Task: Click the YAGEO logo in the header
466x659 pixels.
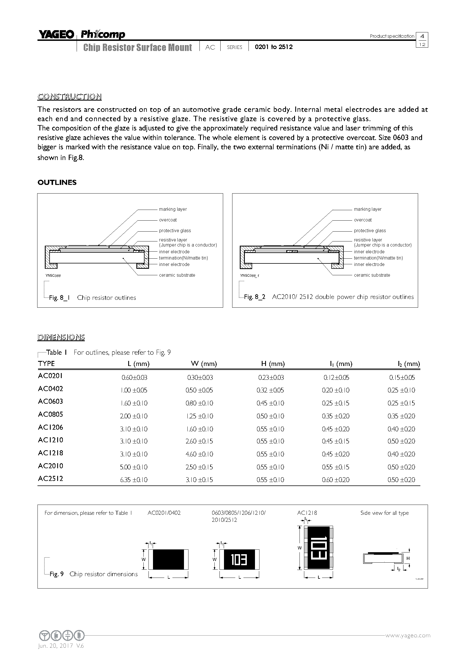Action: click(56, 34)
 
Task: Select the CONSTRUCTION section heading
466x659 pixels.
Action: click(69, 96)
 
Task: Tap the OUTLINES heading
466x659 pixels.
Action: click(57, 183)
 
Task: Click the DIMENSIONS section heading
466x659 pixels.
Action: click(61, 337)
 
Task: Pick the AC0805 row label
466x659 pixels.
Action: click(50, 414)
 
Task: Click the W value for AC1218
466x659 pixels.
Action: click(199, 454)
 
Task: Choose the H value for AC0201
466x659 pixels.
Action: click(271, 378)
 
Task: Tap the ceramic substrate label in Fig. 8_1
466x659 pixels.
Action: click(177, 275)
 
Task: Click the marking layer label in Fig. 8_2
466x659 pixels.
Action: click(368, 209)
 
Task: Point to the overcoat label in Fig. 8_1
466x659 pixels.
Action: click(168, 220)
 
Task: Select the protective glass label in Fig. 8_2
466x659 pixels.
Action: click(370, 230)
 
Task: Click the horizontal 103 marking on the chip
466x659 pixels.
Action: click(239, 560)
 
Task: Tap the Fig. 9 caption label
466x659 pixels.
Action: click(57, 574)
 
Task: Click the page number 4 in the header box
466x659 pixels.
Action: click(422, 36)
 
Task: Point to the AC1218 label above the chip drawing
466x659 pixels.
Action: click(307, 512)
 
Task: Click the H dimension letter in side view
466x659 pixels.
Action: click(408, 558)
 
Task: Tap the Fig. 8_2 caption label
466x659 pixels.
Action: click(254, 297)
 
